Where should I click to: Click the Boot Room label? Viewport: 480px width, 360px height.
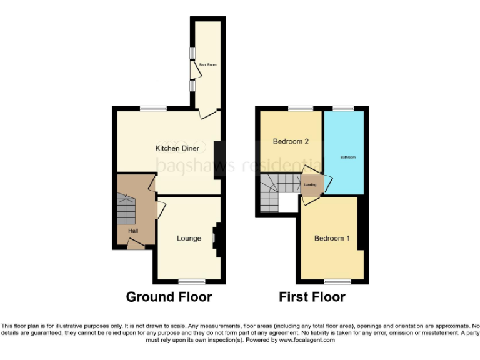point(207,64)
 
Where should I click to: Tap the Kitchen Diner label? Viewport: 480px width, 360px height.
point(177,148)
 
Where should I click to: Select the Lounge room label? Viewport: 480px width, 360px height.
point(189,238)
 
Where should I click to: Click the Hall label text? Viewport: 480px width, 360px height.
point(133,231)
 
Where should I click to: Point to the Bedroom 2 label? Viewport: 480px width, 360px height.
point(291,141)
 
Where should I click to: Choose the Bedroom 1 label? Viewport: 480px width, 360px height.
point(332,238)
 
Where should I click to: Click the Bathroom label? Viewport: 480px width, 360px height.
point(347,157)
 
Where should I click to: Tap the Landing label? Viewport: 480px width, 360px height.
point(311,185)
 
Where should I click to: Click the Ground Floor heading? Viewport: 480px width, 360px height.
point(169,297)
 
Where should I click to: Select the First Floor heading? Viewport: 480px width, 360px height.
point(312,297)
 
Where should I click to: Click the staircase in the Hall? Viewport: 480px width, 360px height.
point(126,209)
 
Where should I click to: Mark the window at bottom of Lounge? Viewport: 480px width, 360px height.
point(191,281)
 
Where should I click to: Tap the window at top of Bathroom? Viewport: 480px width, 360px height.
point(342,109)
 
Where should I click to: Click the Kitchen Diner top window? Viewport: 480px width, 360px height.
point(153,109)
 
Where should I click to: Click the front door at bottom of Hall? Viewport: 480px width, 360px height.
point(134,244)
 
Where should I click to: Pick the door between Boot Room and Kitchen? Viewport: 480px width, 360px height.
point(208,113)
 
